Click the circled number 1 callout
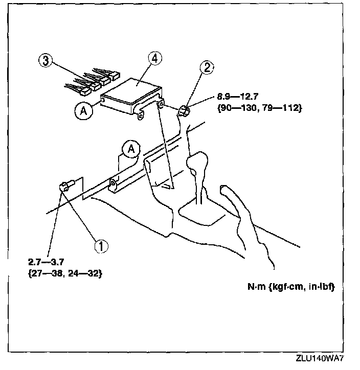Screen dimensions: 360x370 coord(101,246)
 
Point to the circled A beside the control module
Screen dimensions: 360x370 coord(82,109)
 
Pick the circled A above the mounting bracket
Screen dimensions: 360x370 coord(130,149)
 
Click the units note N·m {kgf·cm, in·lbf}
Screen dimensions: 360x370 coord(287,287)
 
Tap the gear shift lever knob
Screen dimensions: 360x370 coord(198,167)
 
